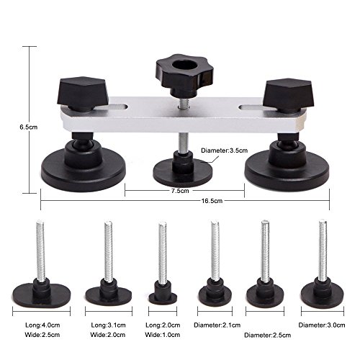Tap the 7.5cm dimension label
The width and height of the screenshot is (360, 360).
(180, 191)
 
